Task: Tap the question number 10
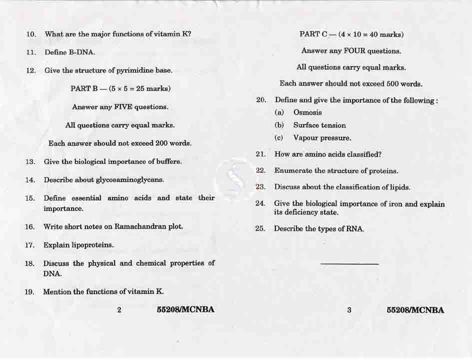[31, 34]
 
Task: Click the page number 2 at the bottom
[119, 309]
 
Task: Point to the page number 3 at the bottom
[349, 310]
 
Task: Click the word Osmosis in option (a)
[308, 113]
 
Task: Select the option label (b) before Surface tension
[280, 125]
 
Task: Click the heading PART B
[84, 89]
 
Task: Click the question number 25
[260, 229]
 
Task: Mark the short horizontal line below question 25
[349, 264]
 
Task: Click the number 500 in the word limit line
[393, 83]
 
